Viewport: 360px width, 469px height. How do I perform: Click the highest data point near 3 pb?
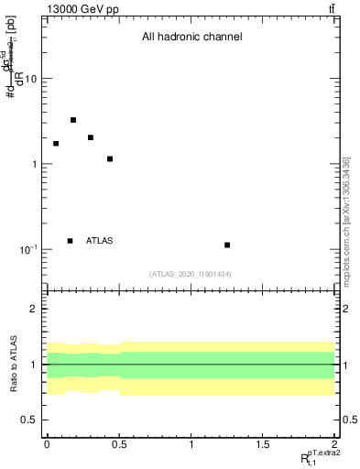[73, 120]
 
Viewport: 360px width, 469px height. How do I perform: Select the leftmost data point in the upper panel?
[56, 144]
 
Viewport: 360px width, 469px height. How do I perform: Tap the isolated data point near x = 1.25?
[227, 245]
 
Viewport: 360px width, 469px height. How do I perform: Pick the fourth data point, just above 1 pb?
[110, 159]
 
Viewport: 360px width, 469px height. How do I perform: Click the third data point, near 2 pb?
[91, 137]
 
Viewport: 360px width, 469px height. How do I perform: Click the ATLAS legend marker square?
[70, 241]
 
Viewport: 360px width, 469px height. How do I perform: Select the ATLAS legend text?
[100, 241]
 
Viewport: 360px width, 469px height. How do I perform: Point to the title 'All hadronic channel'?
[191, 38]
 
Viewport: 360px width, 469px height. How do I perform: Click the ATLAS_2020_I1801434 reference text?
[191, 274]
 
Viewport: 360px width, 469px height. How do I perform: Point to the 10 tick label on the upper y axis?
[30, 80]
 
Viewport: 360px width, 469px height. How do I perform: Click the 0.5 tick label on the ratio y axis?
[29, 420]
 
